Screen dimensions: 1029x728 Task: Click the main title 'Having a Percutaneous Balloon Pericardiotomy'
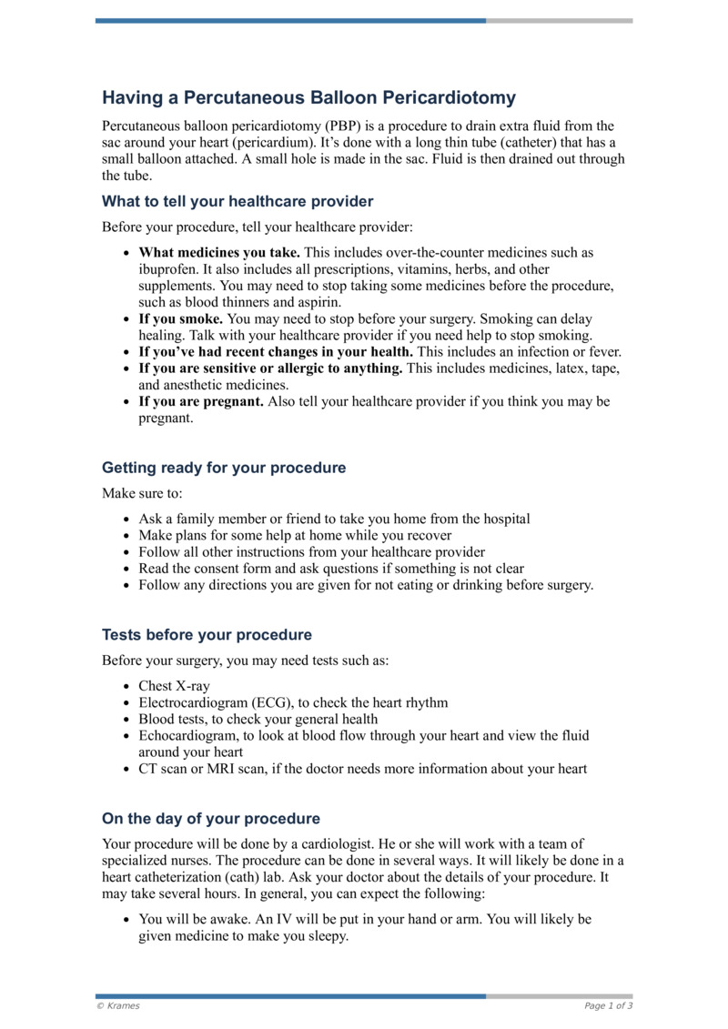(308, 97)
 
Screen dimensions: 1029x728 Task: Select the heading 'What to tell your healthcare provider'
(238, 201)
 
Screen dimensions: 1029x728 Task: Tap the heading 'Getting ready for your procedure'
(224, 468)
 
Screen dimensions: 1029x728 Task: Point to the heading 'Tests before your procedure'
(207, 634)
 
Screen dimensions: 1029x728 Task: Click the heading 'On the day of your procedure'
(211, 818)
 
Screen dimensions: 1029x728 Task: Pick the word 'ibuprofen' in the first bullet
(167, 269)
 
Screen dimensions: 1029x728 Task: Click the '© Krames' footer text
(118, 1005)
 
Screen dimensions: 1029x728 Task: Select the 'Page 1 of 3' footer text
(608, 1005)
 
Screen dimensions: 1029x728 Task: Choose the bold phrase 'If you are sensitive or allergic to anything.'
(270, 368)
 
